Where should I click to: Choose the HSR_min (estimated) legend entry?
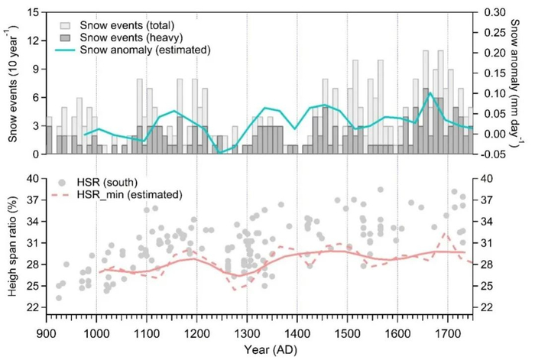coord(115,195)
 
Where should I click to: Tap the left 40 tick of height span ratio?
coord(33,178)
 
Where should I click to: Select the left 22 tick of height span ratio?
coord(33,307)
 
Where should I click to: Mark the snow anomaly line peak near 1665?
coord(430,92)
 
